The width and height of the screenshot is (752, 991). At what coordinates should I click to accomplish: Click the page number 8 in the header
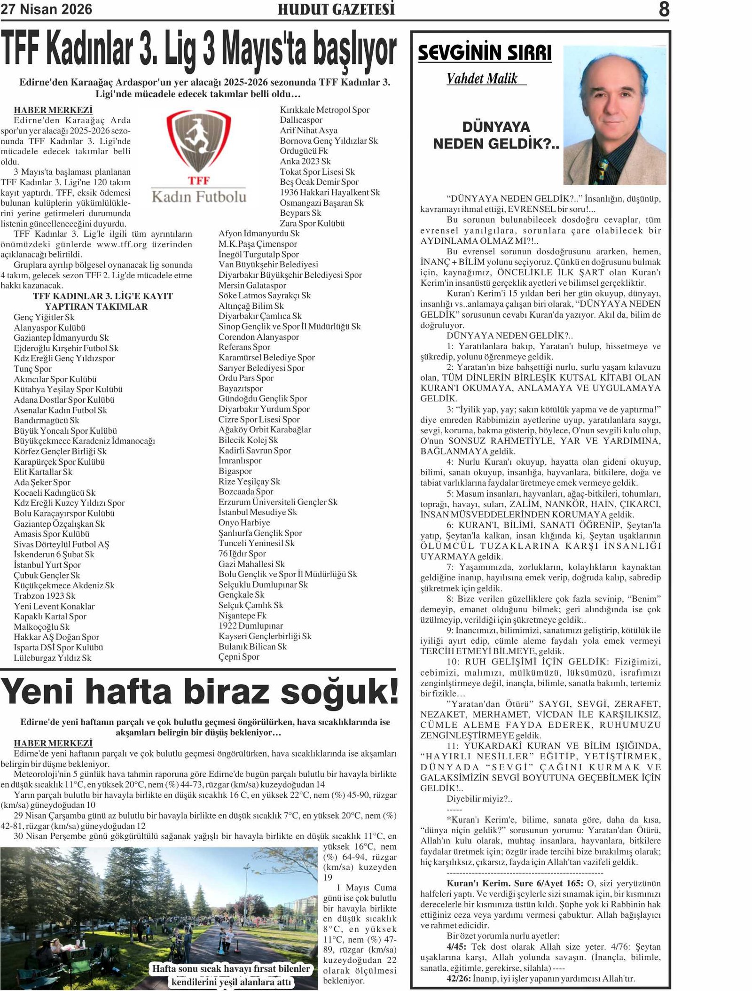coord(664,9)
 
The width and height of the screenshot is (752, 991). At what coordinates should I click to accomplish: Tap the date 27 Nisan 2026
coord(47,9)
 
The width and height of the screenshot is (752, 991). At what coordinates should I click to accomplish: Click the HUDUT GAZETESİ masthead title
coord(336,9)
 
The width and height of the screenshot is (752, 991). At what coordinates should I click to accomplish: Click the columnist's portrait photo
coord(615,115)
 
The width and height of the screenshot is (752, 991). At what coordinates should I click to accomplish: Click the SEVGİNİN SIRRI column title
coord(485,53)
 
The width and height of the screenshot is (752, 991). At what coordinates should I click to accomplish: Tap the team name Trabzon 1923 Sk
coord(45,596)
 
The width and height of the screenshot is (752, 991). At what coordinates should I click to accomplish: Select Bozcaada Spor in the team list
coord(246,492)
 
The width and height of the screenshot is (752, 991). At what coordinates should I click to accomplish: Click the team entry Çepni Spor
coord(239,657)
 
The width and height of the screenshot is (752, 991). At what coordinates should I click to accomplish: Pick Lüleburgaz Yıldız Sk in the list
coord(53,658)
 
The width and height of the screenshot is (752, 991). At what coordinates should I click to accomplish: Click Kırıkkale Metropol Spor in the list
coord(325,110)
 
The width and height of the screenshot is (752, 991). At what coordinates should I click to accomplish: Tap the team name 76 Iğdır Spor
coord(242,554)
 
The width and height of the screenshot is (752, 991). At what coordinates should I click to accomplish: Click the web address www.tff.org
coord(122,244)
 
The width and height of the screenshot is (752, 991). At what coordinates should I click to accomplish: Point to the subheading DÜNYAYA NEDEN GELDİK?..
coord(496,135)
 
